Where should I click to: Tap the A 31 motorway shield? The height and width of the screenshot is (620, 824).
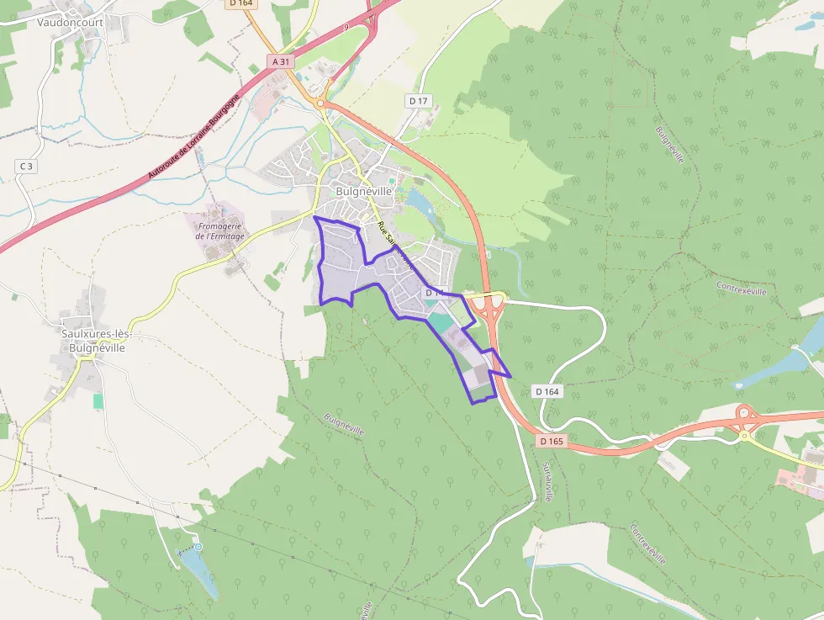pyautogui.click(x=281, y=61)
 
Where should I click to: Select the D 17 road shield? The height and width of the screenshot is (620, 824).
pyautogui.click(x=418, y=101)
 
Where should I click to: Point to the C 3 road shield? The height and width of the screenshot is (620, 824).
pyautogui.click(x=27, y=167)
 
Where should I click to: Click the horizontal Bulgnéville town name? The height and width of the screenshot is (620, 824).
pyautogui.click(x=364, y=191)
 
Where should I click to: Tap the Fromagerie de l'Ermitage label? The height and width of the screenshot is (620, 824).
pyautogui.click(x=219, y=231)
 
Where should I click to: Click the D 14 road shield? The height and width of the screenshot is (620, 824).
pyautogui.click(x=434, y=292)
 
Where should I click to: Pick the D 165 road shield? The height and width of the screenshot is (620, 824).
pyautogui.click(x=552, y=441)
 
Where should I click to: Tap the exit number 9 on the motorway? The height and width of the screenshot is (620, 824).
pyautogui.click(x=346, y=28)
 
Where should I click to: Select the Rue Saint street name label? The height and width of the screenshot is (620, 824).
pyautogui.click(x=395, y=244)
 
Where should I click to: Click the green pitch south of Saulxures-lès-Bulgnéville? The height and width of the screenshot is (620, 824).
pyautogui.click(x=98, y=401)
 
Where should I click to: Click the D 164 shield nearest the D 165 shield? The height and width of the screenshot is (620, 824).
pyautogui.click(x=547, y=391)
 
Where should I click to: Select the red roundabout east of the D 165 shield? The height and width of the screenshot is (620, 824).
pyautogui.click(x=744, y=413)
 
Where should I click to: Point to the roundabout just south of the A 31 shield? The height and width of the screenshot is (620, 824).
pyautogui.click(x=320, y=103)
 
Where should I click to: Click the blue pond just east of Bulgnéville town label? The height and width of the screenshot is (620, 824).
pyautogui.click(x=418, y=201)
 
